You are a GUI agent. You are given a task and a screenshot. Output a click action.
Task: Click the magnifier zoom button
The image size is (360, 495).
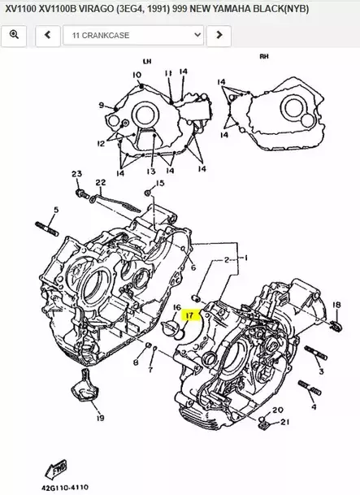click(14, 35)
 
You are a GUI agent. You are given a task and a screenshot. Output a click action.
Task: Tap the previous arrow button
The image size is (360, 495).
click(48, 35)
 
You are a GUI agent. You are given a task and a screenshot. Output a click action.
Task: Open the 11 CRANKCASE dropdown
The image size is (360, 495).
click(133, 35)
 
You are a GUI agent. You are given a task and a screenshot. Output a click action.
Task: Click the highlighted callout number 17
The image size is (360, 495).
click(190, 315)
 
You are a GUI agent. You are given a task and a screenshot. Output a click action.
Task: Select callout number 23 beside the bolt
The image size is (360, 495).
click(76, 174)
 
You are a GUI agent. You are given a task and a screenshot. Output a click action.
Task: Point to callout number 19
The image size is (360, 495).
click(100, 418)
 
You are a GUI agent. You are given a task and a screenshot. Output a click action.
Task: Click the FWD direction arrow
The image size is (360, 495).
click(56, 470)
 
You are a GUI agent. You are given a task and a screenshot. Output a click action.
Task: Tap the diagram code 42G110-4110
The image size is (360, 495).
click(65, 488)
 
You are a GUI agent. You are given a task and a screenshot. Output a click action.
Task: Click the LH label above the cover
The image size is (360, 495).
click(147, 61)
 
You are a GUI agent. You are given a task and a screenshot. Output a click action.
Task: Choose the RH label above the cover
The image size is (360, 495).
click(264, 57)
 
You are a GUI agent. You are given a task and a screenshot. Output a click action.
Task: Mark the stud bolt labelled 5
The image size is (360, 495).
click(46, 229)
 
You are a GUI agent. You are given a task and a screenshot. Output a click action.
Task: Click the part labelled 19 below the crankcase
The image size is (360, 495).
click(83, 386)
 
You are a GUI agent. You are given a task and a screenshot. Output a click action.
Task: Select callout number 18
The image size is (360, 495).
click(336, 305)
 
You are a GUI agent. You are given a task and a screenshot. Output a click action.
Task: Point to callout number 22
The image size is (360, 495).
click(101, 182)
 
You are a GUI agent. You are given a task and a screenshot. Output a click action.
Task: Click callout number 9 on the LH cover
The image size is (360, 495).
click(102, 105)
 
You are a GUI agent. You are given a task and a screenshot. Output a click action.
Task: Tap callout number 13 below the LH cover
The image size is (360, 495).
click(151, 172)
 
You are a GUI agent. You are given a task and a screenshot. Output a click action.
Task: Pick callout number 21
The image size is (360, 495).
click(285, 422)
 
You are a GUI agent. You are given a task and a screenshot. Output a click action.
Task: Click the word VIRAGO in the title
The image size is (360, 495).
click(96, 9)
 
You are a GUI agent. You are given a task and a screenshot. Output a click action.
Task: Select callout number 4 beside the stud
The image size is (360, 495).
click(314, 407)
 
